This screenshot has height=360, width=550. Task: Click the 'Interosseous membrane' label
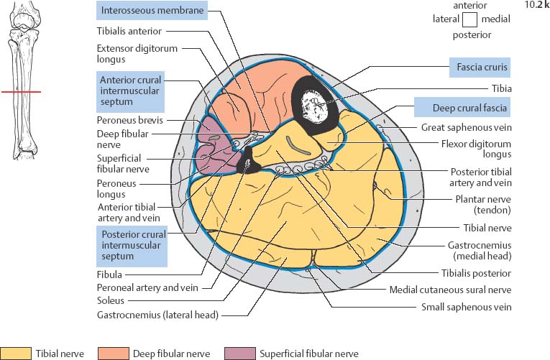pyautogui.click(x=152, y=11)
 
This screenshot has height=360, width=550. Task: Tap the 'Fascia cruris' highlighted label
pyautogui.click(x=480, y=68)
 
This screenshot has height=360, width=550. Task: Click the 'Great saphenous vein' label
pyautogui.click(x=465, y=127)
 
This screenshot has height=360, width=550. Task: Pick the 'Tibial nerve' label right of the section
pyautogui.click(x=487, y=228)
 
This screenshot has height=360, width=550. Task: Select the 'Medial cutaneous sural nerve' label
pyautogui.click(x=450, y=290)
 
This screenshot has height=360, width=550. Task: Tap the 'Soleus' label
pyautogui.click(x=111, y=300)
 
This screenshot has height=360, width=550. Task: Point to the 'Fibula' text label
pyautogui.click(x=110, y=274)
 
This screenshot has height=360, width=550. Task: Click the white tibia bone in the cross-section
pyautogui.click(x=313, y=104)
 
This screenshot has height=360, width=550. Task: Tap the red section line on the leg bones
pyautogui.click(x=21, y=92)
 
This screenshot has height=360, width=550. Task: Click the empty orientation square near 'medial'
pyautogui.click(x=470, y=19)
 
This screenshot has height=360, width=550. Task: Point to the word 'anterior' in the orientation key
pyautogui.click(x=470, y=6)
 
